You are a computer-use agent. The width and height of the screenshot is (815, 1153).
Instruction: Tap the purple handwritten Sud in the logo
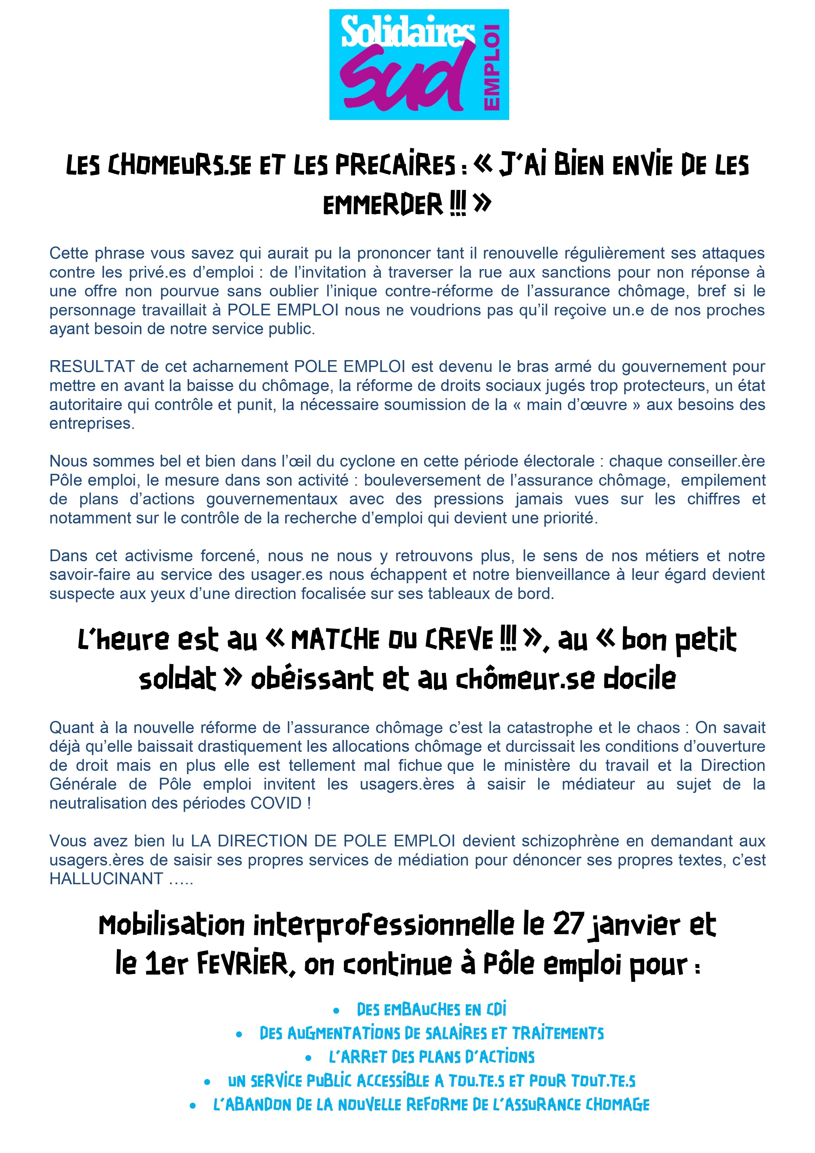(405, 81)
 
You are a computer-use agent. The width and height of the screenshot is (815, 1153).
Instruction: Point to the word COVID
(276, 803)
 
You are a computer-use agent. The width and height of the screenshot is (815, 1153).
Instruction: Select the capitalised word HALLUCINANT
(106, 878)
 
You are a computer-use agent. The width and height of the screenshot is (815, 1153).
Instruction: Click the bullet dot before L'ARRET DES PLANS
(308, 1058)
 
